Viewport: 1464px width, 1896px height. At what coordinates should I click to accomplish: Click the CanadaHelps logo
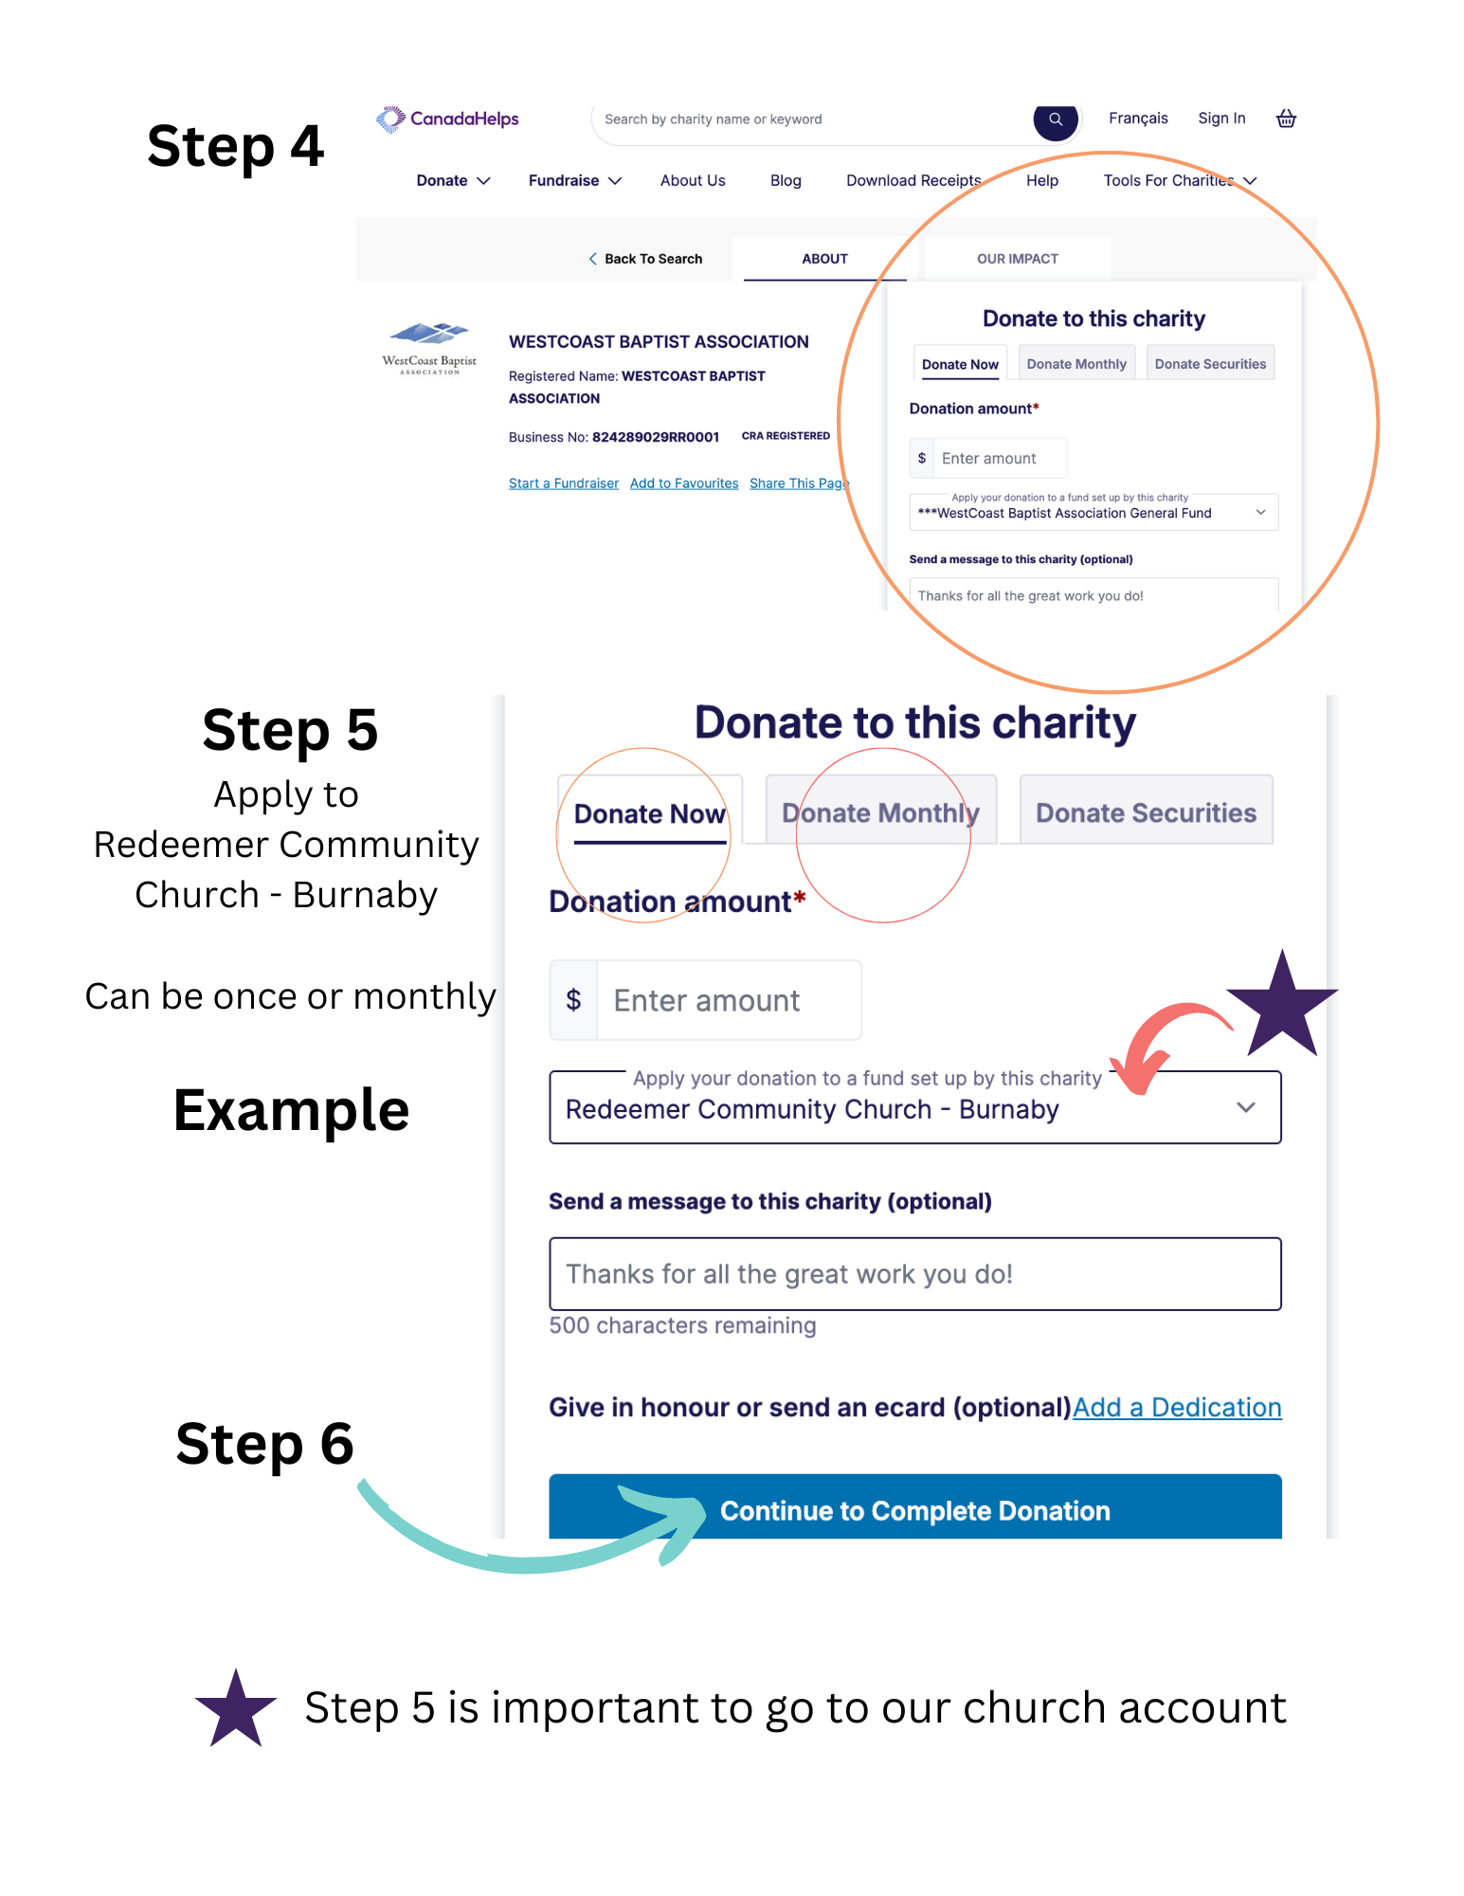[447, 119]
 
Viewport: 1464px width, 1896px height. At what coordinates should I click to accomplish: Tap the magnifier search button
[1055, 120]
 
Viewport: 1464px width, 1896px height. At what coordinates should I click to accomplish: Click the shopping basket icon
[1286, 118]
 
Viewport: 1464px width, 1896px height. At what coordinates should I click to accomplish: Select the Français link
[1138, 118]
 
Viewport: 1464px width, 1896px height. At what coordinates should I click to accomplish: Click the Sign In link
[1221, 118]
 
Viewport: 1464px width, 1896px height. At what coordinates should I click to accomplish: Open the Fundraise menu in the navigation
[574, 181]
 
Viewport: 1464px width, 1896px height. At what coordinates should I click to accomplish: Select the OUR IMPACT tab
[1017, 259]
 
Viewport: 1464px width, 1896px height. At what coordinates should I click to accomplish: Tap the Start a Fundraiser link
[563, 483]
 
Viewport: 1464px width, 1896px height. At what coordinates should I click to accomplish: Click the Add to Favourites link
[683, 483]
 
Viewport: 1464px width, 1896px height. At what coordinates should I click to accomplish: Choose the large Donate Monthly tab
[880, 812]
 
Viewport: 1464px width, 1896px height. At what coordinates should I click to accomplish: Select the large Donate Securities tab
[1146, 812]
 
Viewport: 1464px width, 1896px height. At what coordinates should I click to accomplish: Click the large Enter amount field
[727, 1000]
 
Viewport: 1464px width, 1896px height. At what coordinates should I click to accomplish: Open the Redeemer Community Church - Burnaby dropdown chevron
[1245, 1107]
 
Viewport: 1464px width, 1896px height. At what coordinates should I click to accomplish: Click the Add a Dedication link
[1177, 1408]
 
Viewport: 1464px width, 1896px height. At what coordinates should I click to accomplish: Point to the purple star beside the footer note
[236, 1709]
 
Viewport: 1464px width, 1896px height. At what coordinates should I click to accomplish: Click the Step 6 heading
[264, 1444]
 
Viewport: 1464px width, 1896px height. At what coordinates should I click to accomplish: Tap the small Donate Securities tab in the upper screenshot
[1210, 364]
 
